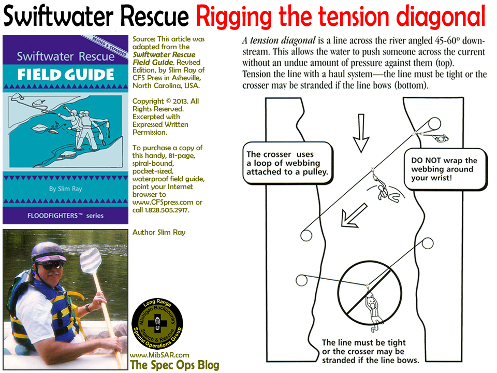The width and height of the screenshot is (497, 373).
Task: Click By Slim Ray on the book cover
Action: pos(65,189)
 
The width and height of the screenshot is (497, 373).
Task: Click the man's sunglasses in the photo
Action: pos(49,265)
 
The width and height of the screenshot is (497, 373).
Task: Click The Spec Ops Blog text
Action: pos(175,365)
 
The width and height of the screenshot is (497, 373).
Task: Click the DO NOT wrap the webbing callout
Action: pos(444,169)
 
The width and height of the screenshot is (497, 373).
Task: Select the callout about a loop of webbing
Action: pos(287,163)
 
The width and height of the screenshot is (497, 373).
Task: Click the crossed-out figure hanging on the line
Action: pos(371,311)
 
